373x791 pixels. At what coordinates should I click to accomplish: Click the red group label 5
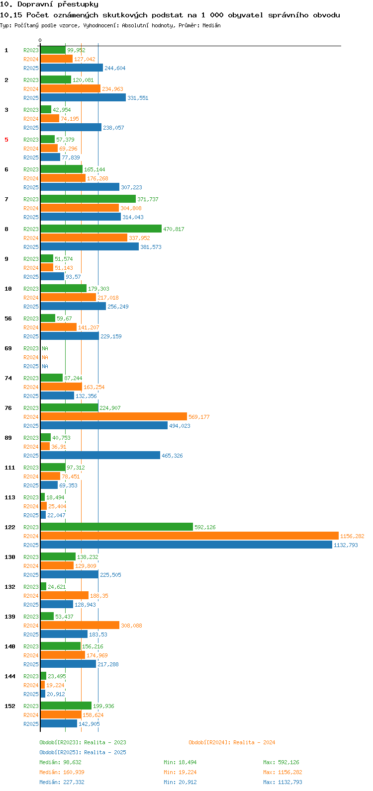click(x=6, y=140)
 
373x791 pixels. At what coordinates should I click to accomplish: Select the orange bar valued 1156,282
click(x=189, y=536)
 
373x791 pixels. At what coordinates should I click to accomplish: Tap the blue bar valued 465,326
click(x=100, y=456)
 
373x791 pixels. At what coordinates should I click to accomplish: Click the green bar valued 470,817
click(x=101, y=229)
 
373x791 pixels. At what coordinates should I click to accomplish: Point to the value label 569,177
click(x=199, y=417)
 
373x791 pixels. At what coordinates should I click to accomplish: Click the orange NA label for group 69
click(x=45, y=357)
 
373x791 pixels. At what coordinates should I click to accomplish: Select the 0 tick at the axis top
click(x=40, y=41)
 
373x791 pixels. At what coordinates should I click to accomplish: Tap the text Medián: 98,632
click(x=61, y=762)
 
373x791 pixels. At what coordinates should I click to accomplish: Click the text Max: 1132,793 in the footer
click(x=282, y=782)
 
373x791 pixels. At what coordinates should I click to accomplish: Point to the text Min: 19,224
click(x=180, y=772)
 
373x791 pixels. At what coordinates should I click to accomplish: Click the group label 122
click(x=10, y=527)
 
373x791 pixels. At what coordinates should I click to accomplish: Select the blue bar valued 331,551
click(x=83, y=98)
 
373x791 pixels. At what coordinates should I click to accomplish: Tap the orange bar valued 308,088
click(x=80, y=626)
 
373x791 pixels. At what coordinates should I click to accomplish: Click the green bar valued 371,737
click(x=88, y=199)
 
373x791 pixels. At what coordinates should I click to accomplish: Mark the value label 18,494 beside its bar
click(x=56, y=497)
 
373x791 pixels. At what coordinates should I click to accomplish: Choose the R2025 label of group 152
click(x=31, y=724)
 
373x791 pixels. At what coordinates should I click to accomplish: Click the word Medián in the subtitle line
click(x=211, y=25)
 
